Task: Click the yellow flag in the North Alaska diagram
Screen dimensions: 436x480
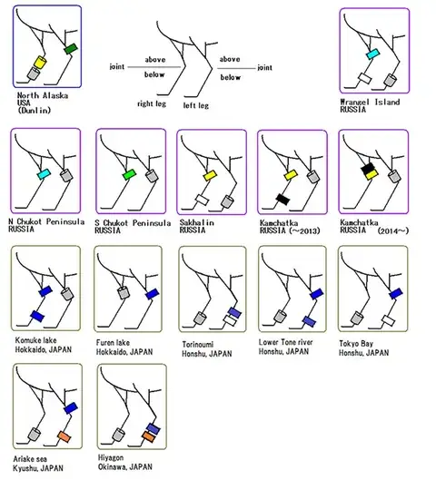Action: pos(40,62)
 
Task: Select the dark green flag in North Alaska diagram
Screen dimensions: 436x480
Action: pos(71,49)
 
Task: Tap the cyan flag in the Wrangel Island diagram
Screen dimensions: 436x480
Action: pos(373,54)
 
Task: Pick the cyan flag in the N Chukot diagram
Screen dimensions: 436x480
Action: pos(44,174)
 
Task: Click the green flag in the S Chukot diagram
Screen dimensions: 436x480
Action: pos(129,174)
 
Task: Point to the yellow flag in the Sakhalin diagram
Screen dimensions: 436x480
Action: pos(210,176)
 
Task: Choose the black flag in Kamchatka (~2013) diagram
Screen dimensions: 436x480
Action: pos(282,200)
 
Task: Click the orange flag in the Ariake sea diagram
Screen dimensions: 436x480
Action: pos(64,436)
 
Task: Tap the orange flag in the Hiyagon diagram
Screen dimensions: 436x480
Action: pos(149,436)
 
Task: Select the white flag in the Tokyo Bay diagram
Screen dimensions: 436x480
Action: pos(388,320)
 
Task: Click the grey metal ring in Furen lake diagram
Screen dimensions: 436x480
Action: pos(124,293)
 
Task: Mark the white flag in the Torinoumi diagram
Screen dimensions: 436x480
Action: pos(230,320)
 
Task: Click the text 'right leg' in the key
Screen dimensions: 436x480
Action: pos(152,103)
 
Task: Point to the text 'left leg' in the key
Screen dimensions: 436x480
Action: pos(196,105)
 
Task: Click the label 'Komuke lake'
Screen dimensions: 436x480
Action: pos(35,340)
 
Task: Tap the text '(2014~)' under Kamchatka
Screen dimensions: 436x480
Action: pos(393,230)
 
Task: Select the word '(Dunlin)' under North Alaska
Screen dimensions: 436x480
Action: pos(34,110)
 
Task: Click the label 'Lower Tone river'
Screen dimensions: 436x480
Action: pos(285,342)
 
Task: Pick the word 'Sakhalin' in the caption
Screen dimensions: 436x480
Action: pos(197,222)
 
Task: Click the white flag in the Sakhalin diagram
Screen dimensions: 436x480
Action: pos(203,200)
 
